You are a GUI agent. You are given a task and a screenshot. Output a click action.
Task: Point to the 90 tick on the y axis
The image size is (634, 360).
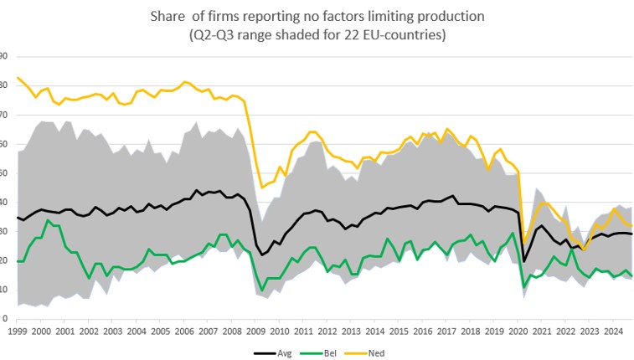tap(3, 57)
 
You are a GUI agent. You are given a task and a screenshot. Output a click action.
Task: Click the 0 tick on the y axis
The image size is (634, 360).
tap(5, 319)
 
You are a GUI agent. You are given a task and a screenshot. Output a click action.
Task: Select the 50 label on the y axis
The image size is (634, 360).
tap(3, 173)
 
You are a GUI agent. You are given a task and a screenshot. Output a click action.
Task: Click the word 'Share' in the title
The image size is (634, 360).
tap(168, 16)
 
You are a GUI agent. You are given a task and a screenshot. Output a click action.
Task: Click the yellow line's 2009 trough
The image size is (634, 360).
tap(262, 187)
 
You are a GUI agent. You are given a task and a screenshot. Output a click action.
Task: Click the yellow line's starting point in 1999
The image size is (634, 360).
tap(17, 78)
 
